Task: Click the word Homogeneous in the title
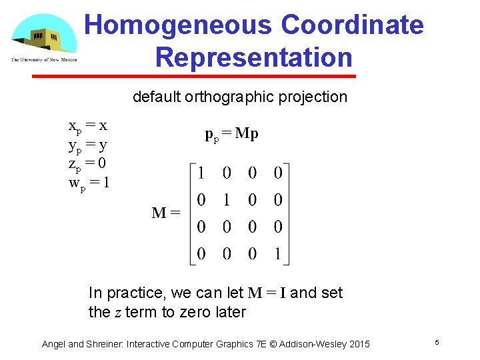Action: tap(178, 25)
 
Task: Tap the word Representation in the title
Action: tap(253, 57)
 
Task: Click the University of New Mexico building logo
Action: tap(44, 37)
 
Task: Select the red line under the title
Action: tap(194, 77)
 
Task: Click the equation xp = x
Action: tap(88, 125)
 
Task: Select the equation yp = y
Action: tap(88, 144)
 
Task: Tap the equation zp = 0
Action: tap(88, 163)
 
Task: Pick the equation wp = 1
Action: tap(89, 181)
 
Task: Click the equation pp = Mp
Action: tap(231, 134)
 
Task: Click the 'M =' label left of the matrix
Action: tap(166, 213)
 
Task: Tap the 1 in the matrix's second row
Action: tap(227, 200)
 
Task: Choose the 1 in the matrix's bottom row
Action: tap(278, 253)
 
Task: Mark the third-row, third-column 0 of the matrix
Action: tap(253, 227)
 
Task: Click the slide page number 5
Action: tap(437, 342)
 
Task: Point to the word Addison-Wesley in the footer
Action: tap(313, 344)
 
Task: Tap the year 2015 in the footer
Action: tap(357, 344)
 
